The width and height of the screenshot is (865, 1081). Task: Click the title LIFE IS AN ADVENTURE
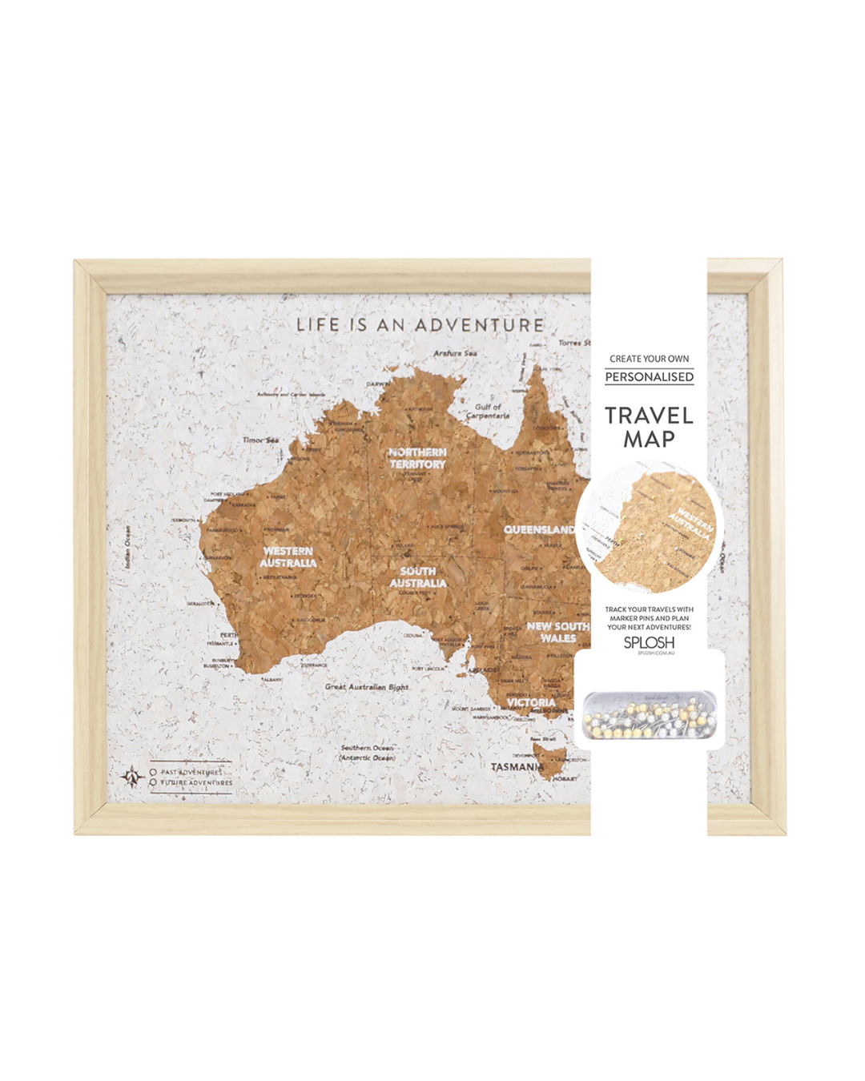(420, 325)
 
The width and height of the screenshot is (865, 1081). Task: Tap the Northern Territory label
(417, 458)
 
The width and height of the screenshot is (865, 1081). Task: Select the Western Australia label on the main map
(288, 557)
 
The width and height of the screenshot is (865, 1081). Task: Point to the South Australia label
(418, 577)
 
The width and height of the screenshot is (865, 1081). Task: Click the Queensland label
(538, 529)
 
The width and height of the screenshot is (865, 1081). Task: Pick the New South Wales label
(557, 632)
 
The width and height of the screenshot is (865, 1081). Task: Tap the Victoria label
(531, 702)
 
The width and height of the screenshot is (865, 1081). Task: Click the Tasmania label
(517, 766)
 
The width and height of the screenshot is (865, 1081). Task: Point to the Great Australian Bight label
(367, 686)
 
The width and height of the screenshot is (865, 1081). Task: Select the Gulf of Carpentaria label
(487, 411)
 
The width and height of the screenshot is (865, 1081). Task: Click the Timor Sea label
(261, 440)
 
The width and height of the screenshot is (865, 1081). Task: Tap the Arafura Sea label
(455, 353)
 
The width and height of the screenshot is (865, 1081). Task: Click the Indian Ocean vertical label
(128, 547)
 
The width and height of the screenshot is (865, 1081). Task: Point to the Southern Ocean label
(367, 752)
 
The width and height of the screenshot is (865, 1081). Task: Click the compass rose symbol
(131, 777)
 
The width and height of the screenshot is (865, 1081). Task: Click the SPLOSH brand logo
(649, 642)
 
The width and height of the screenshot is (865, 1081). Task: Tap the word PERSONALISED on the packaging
(649, 376)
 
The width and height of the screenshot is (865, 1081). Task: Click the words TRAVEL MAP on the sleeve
(649, 427)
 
